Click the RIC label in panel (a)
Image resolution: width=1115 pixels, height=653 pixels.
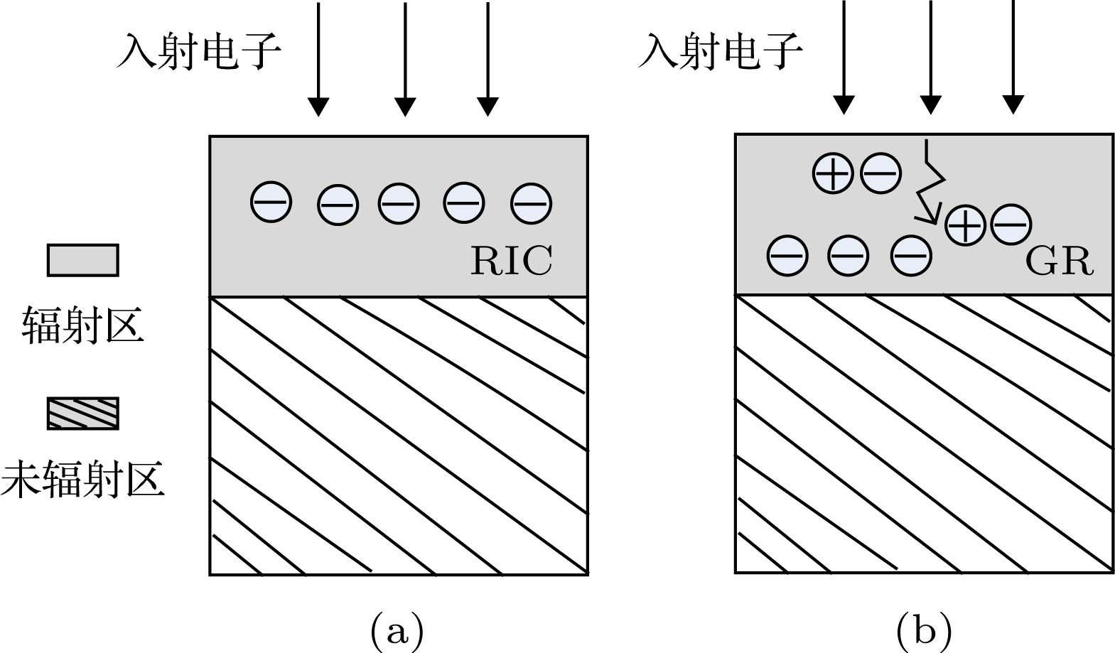(511, 261)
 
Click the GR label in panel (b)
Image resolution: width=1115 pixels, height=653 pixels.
(1058, 261)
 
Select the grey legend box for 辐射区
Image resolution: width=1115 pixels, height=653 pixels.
(82, 260)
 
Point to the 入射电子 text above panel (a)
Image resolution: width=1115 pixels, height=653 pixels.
(198, 51)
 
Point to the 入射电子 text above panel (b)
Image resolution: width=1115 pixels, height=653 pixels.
(721, 51)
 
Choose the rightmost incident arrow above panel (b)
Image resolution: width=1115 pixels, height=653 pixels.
(1013, 57)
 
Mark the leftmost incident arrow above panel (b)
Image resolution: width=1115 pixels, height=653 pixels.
(844, 57)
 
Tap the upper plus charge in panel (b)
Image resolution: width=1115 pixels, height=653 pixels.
(833, 173)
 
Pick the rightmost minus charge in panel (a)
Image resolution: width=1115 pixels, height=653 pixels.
(531, 203)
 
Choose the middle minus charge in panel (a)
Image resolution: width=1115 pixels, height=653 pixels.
(399, 203)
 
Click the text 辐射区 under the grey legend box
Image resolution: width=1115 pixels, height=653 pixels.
(82, 325)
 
